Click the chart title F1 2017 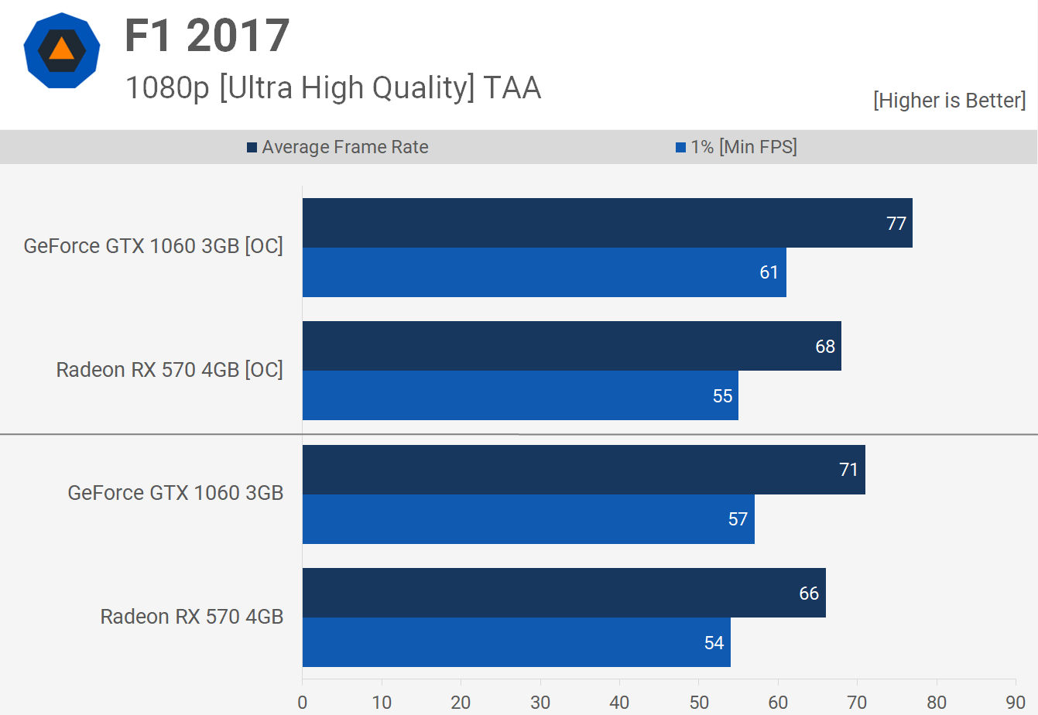(207, 36)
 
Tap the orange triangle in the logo (62, 50)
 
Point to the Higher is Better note (949, 101)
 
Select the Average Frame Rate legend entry (337, 147)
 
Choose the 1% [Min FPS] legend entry (736, 147)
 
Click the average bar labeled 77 (607, 223)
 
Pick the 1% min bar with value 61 (544, 272)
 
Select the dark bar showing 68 (571, 346)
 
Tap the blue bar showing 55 (520, 395)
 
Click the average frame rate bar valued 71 (584, 470)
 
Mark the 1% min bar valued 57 (528, 519)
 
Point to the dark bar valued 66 (564, 593)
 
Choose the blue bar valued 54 (516, 642)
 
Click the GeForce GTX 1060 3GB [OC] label (153, 246)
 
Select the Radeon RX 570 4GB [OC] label (170, 370)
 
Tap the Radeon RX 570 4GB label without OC (192, 617)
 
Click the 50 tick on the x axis (699, 702)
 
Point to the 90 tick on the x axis (1016, 702)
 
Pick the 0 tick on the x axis (302, 702)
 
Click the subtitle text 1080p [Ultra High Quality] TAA (333, 88)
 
